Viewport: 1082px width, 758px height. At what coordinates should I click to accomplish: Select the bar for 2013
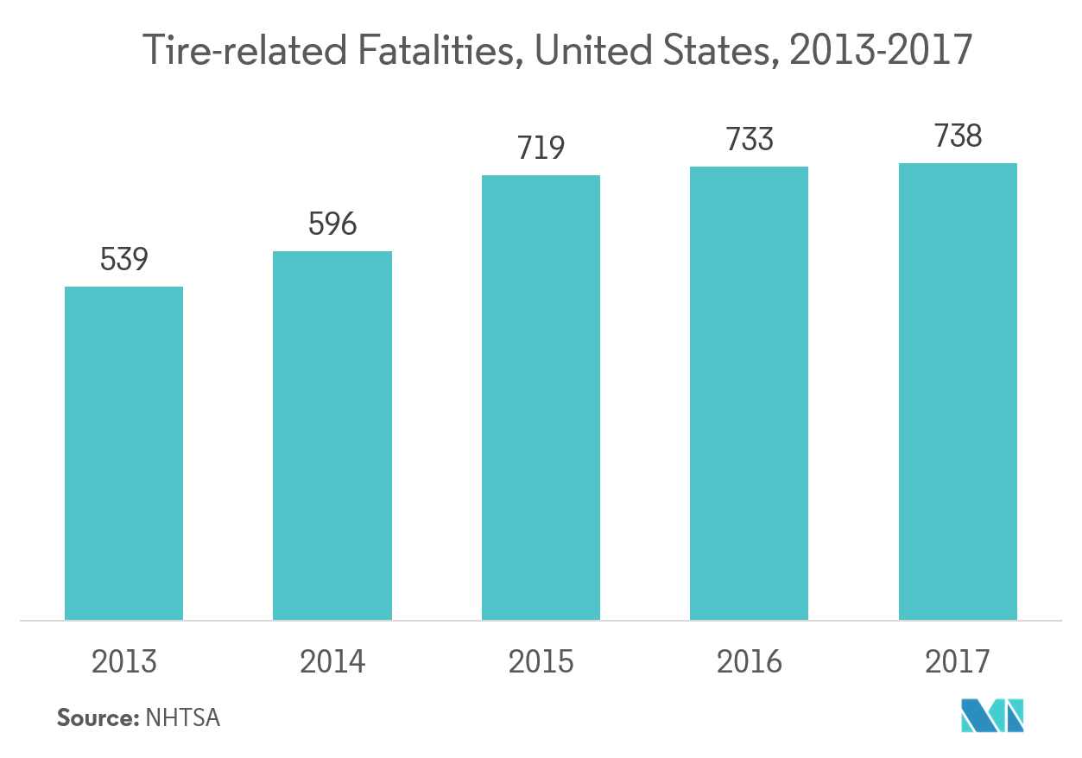tap(124, 453)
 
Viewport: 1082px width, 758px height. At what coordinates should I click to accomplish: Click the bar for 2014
tap(332, 436)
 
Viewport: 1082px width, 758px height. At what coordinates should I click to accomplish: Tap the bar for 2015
tap(541, 398)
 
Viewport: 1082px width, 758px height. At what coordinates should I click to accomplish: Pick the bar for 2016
tap(749, 394)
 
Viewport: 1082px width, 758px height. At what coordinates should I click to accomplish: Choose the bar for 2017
tap(958, 392)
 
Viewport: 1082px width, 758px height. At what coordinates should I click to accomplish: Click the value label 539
tap(124, 259)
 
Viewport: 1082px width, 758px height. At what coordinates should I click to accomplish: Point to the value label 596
tap(332, 224)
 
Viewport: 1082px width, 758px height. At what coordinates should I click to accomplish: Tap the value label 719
tap(541, 148)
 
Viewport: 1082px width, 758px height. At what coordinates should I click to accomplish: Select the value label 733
tap(749, 140)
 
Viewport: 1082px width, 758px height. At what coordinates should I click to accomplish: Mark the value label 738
tap(958, 136)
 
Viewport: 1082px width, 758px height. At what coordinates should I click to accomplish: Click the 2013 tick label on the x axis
tap(124, 662)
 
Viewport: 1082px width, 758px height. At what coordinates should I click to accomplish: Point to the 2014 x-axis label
tap(332, 662)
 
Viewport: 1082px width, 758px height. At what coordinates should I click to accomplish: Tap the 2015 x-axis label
tap(541, 662)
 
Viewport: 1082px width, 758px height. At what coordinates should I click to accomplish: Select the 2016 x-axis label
tap(749, 662)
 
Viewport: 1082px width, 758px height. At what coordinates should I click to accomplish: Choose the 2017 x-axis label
tap(958, 662)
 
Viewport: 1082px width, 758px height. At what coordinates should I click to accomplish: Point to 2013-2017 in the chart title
tap(880, 53)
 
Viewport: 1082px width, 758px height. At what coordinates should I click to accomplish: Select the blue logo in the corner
tap(993, 715)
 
